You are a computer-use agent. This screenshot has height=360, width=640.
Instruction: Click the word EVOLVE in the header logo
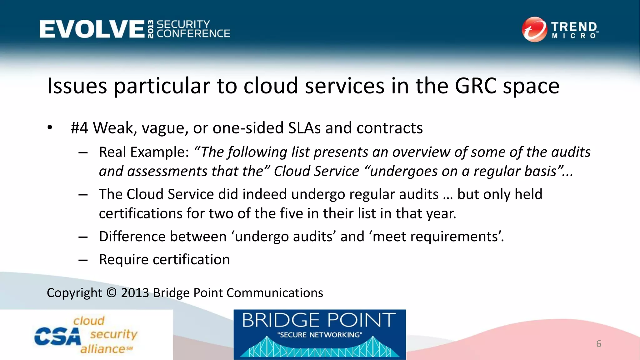point(92,29)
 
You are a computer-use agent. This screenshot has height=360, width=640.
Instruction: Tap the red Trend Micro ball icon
point(534,29)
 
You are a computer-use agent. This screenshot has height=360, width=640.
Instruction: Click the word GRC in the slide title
point(476,86)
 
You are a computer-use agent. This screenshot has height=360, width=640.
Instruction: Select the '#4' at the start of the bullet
point(79,128)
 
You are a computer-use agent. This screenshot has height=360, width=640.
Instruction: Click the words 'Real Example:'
point(144,152)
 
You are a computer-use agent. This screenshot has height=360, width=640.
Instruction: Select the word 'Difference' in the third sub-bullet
point(132,237)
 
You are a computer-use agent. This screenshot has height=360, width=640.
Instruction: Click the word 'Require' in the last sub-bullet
point(123,260)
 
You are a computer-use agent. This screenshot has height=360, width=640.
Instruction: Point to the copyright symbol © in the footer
point(112,293)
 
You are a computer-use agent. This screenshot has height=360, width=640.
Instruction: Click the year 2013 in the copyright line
point(135,293)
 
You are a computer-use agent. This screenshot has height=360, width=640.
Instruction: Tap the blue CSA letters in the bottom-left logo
point(57,337)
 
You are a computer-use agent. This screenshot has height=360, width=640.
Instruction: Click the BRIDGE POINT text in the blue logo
point(319,320)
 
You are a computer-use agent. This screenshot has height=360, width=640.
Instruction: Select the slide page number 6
point(599,344)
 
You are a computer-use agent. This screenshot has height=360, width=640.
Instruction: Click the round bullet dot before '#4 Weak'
point(50,128)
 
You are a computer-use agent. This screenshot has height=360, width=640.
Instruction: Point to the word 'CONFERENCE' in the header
point(193,34)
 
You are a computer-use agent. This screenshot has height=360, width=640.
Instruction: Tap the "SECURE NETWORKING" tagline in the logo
point(320,335)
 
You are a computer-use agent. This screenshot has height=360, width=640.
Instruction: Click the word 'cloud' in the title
point(271,86)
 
